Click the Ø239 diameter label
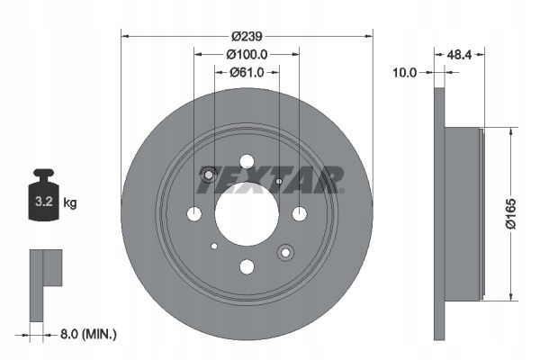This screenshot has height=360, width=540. coord(247,36)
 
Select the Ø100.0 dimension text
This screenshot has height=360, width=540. coord(247,55)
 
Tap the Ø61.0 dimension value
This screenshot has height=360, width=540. coord(247,73)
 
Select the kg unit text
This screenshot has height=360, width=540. coord(69,203)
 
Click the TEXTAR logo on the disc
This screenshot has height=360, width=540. coord(270,180)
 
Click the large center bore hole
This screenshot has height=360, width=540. coord(247,212)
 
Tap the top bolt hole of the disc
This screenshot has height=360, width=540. coord(247,162)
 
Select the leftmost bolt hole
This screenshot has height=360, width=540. coord(194,213)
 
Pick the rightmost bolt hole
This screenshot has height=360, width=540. coord(299,213)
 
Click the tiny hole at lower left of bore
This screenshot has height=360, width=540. coord(213,245)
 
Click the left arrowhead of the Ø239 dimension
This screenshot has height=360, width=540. coord(125,36)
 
